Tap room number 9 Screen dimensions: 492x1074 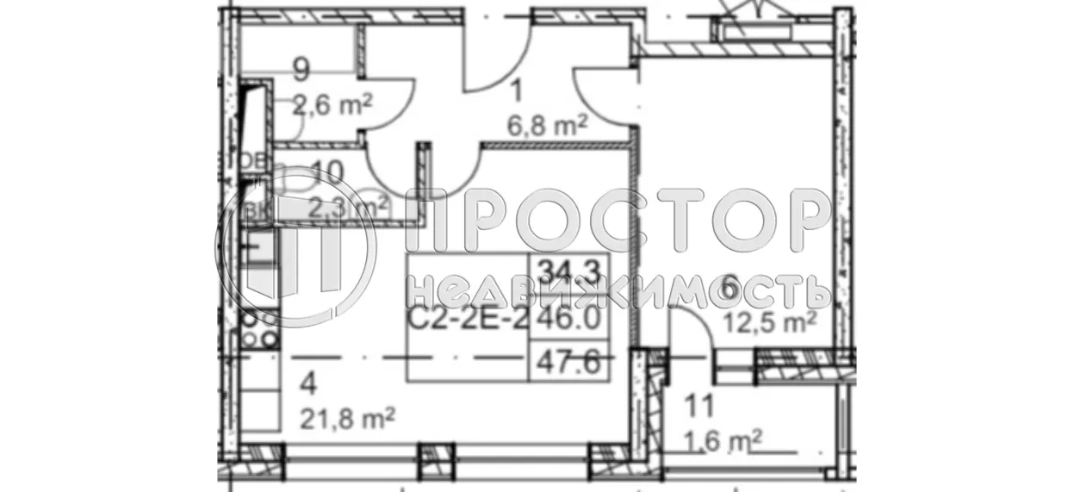tap(301, 67)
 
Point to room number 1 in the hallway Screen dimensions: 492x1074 tap(517, 90)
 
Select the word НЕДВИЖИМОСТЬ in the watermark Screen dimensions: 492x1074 tap(620, 291)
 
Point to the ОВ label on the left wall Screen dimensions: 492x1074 tap(251, 161)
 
